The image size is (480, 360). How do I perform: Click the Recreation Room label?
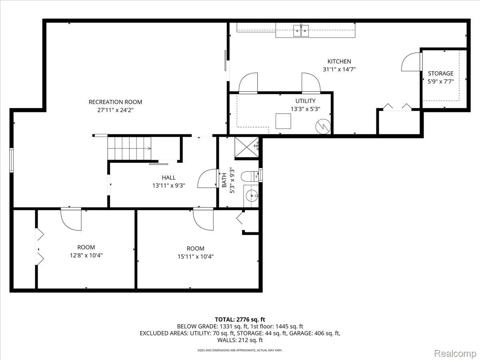[x=115, y=102]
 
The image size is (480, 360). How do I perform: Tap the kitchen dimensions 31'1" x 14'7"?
[x=339, y=69]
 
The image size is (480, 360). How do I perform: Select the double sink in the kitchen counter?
[x=301, y=30]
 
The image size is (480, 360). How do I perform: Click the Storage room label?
[x=440, y=74]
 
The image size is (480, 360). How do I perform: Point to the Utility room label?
[x=305, y=101]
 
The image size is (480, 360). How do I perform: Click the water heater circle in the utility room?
[x=323, y=126]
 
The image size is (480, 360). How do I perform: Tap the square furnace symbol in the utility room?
[x=283, y=121]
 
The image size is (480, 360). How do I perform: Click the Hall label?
[x=168, y=178]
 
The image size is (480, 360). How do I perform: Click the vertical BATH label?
[x=224, y=180]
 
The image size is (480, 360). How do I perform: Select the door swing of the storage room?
[x=411, y=62]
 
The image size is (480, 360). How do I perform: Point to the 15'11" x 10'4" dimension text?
[x=195, y=256]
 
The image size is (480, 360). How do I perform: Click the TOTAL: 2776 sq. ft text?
[x=240, y=319]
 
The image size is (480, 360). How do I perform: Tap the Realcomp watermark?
[x=455, y=353]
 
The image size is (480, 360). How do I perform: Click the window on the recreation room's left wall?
[x=12, y=160]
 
